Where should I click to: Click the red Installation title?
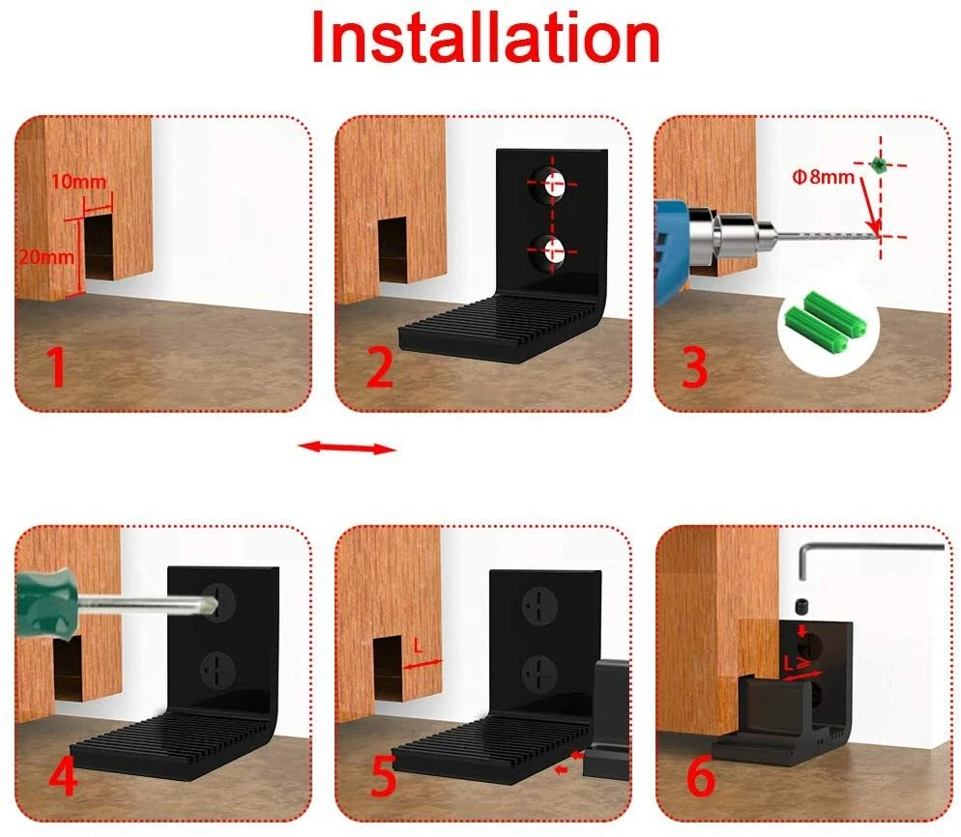485,38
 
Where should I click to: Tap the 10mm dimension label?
78,182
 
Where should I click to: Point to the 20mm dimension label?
46,257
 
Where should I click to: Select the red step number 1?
56,366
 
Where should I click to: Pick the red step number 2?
380,366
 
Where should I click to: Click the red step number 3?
695,366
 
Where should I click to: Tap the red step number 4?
63,775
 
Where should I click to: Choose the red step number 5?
384,776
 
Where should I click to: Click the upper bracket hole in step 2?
550,184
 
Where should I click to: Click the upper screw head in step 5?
539,606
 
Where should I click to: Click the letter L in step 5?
419,647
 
